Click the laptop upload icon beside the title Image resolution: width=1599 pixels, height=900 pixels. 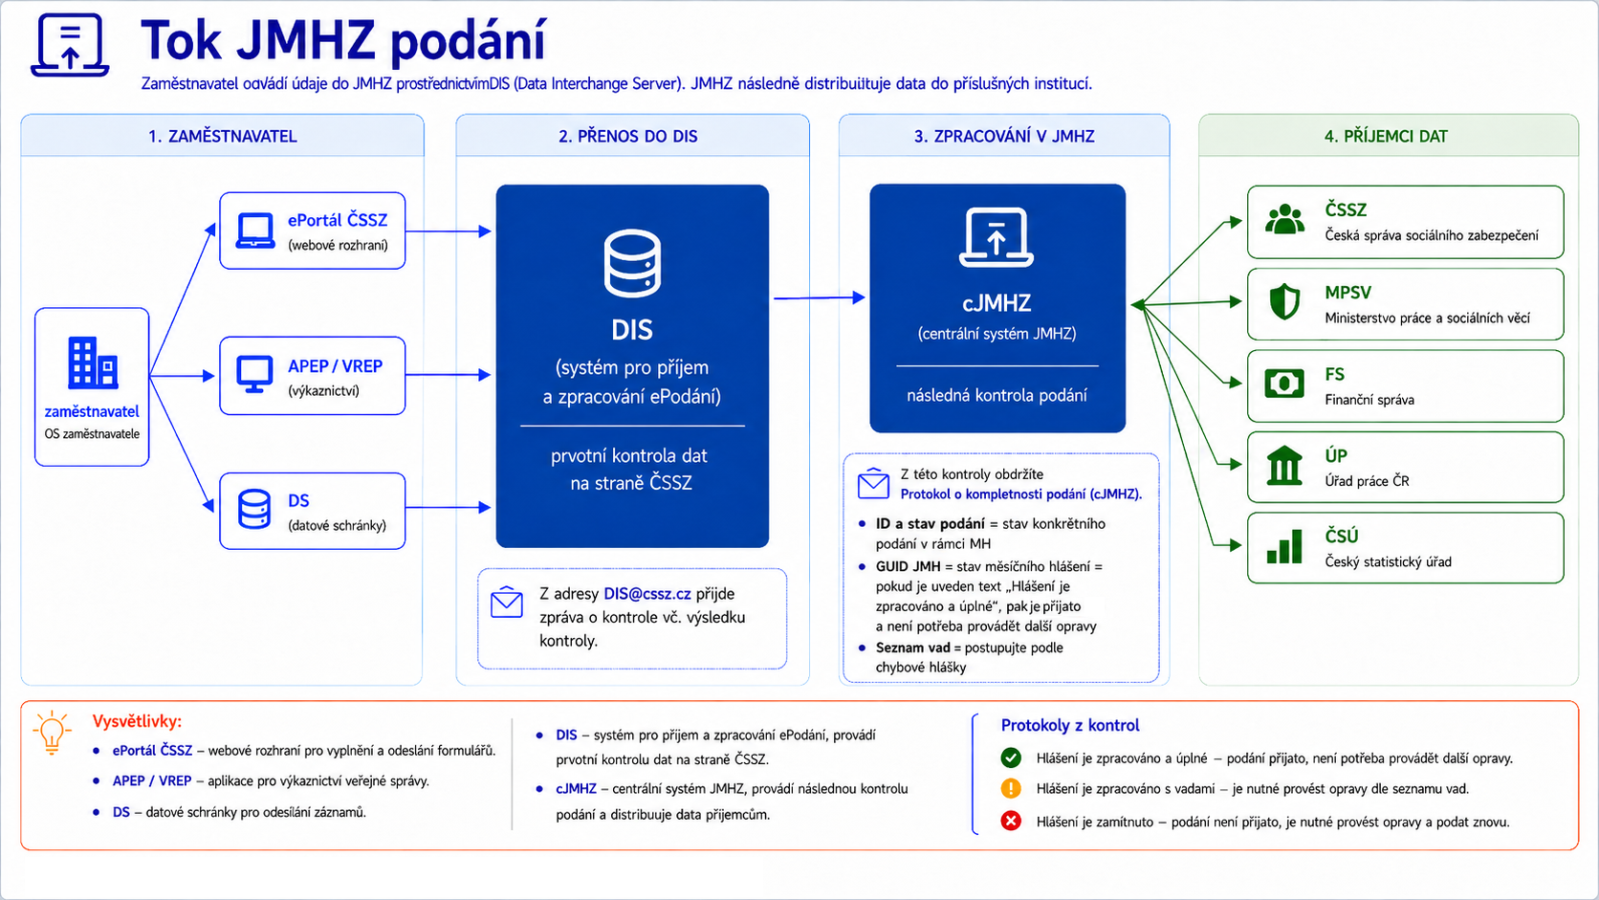click(x=70, y=44)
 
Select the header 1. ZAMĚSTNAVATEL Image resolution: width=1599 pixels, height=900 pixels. click(x=222, y=137)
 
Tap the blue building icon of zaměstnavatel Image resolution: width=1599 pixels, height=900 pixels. click(x=93, y=362)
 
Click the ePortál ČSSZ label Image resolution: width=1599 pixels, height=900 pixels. click(x=338, y=220)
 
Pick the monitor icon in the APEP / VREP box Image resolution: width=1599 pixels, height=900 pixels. click(x=254, y=374)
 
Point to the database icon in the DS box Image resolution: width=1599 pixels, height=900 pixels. click(x=254, y=509)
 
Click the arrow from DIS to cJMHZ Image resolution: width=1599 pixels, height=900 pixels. click(x=820, y=297)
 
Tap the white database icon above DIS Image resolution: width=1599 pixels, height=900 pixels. click(x=632, y=263)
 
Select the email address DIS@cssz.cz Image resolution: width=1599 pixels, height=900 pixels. click(x=646, y=594)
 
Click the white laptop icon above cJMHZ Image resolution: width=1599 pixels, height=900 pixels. click(x=996, y=237)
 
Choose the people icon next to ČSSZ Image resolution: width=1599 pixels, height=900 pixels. click(x=1284, y=219)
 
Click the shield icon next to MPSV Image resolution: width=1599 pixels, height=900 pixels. click(x=1284, y=301)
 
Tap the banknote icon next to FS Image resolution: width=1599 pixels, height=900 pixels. click(x=1284, y=384)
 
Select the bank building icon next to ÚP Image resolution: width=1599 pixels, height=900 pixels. click(x=1284, y=466)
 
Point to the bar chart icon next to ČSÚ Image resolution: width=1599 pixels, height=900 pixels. click(x=1284, y=547)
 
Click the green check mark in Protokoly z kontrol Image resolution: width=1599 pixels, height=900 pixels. click(x=1011, y=757)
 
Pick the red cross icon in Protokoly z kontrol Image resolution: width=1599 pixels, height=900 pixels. click(x=1011, y=821)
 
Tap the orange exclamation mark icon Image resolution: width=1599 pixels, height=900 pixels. click(x=1011, y=789)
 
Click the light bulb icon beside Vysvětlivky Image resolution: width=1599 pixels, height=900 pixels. click(x=52, y=733)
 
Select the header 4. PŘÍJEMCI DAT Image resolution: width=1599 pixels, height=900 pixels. click(x=1386, y=137)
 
